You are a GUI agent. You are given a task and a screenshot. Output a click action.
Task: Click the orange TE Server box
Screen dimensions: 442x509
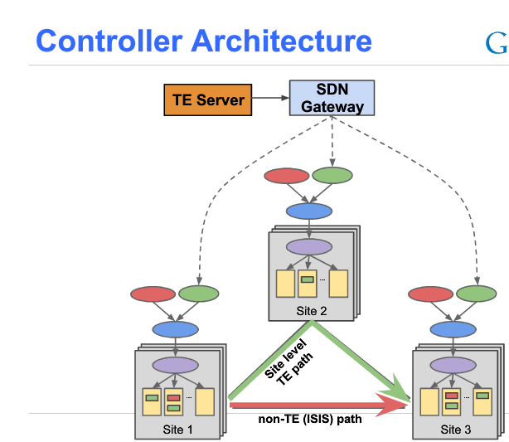[208, 100]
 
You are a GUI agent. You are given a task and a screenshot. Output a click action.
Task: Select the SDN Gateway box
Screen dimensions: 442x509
[332, 98]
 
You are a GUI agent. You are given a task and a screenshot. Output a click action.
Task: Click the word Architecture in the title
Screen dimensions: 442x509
[282, 41]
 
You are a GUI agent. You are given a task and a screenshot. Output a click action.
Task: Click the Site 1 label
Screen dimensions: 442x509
[177, 429]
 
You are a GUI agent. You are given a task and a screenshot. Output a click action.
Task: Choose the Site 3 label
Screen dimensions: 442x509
[455, 429]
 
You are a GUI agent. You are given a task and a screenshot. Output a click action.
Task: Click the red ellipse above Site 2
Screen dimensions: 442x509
[286, 176]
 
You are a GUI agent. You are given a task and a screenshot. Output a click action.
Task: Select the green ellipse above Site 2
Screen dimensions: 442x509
[332, 176]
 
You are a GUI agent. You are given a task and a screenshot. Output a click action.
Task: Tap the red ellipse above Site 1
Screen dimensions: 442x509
[153, 294]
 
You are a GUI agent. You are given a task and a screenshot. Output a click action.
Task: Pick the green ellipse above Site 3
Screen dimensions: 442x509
[477, 294]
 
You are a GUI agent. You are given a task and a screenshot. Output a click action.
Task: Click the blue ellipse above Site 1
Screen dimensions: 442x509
[176, 329]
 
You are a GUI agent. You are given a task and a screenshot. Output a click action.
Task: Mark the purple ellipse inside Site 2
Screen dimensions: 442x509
[308, 247]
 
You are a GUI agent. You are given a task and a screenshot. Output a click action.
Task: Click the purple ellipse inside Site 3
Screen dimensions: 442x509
[453, 365]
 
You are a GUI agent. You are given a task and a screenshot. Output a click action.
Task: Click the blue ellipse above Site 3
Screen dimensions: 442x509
[453, 329]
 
